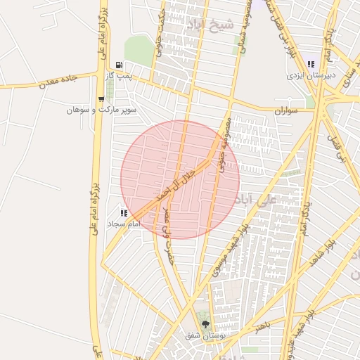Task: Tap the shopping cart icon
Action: pos(103,98)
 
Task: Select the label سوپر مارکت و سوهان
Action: pos(101,110)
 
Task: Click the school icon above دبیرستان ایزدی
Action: pos(310,65)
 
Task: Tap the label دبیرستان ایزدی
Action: pos(311,75)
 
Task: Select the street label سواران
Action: pos(287,110)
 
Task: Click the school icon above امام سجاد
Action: pos(124,212)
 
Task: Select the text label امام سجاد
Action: pos(126,223)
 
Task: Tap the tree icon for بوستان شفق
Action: pos(205,324)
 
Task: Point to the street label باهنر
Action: pos(263,326)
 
